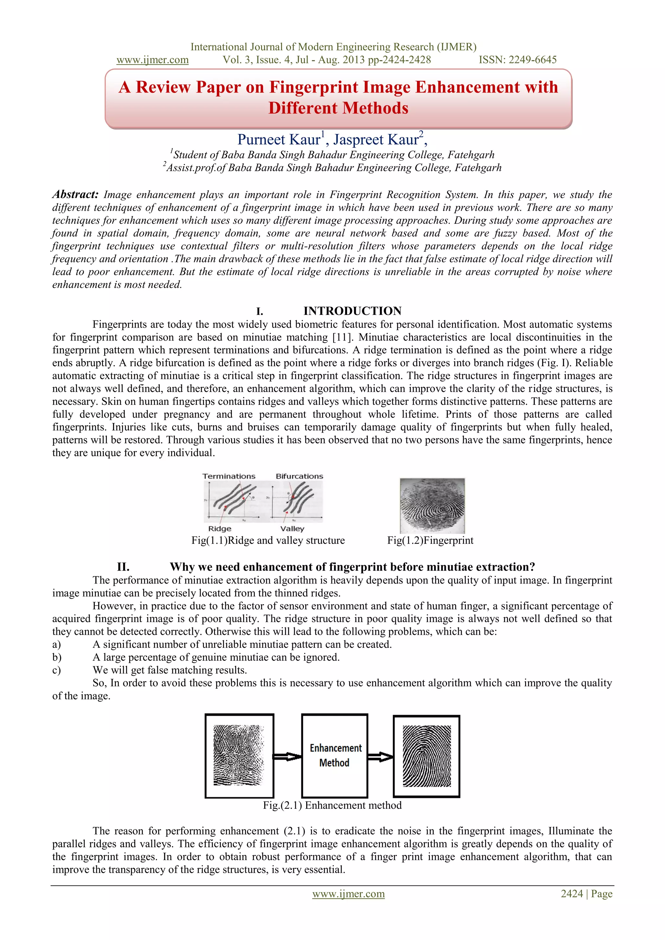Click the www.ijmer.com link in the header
152,60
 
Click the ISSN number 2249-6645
532,60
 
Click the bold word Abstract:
75,194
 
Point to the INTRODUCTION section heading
352,311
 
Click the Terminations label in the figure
229,476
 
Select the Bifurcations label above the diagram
299,476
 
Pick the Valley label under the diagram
292,529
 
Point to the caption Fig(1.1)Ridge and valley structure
268,540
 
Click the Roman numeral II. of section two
123,567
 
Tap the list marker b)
56,658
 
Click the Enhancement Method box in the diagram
334,755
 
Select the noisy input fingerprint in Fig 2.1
239,755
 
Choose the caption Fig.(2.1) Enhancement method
332,805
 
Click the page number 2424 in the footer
571,894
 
